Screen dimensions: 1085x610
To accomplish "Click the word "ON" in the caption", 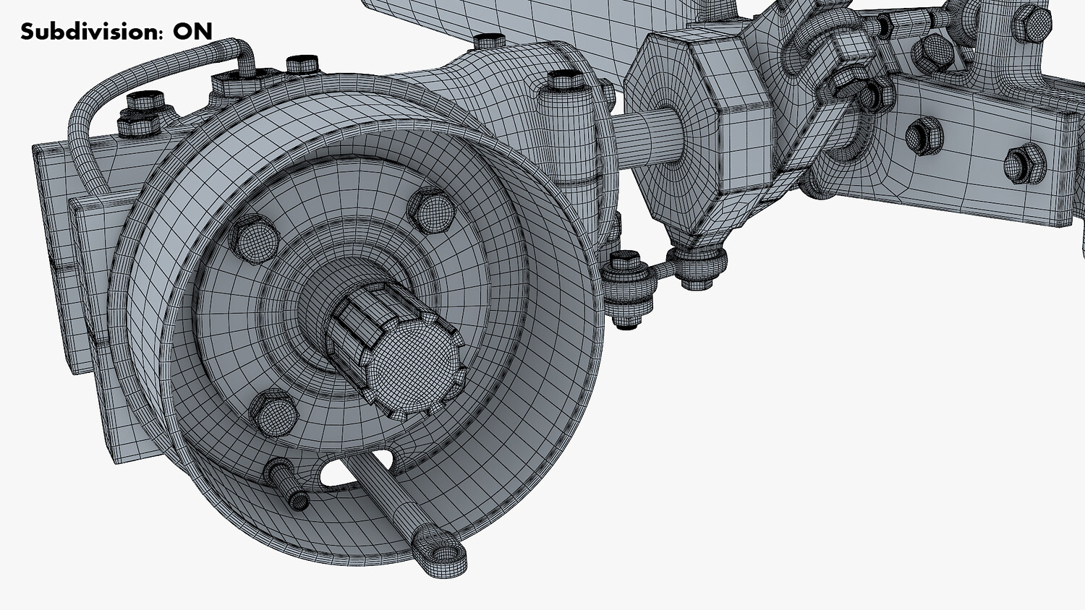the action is tap(193, 32).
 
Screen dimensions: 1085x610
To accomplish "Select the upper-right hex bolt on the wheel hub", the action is tap(432, 210).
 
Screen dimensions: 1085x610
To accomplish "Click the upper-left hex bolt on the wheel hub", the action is tap(254, 239).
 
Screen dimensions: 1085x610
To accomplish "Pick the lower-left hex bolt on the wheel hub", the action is tap(273, 413).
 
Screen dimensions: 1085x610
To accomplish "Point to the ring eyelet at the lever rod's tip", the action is tap(441, 553).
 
